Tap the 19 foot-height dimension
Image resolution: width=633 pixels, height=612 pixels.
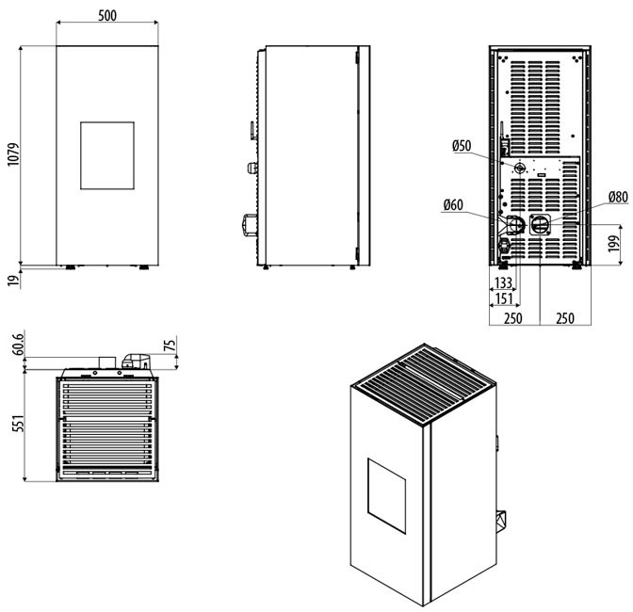(12, 278)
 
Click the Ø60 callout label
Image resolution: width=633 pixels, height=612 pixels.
(453, 204)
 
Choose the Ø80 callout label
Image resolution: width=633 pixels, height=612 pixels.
(618, 198)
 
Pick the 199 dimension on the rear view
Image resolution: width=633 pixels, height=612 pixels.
(613, 246)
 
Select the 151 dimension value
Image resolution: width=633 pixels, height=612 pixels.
(503, 299)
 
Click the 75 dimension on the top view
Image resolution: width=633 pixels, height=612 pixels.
(170, 346)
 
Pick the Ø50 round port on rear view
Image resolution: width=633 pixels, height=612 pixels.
(518, 167)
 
